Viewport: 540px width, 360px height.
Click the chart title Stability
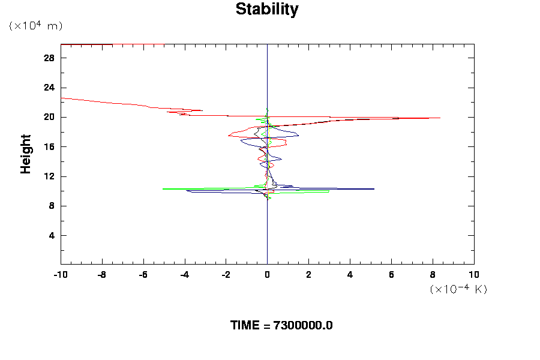(267, 10)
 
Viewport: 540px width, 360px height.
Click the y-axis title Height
(26, 161)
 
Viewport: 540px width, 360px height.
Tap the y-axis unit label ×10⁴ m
(35, 26)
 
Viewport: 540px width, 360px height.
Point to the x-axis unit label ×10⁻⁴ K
(458, 289)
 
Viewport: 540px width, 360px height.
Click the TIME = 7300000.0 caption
(281, 325)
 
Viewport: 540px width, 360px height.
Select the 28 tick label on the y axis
(49, 58)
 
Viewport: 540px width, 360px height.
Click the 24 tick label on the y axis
(49, 88)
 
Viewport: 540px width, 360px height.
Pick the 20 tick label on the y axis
(49, 117)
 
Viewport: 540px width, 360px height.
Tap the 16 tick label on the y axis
(49, 147)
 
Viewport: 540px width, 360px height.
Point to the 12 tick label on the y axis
(49, 176)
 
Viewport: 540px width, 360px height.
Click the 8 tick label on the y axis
(52, 206)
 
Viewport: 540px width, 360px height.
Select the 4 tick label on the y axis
(52, 235)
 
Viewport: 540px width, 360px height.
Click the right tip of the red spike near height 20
(440, 118)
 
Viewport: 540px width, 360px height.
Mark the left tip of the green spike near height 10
(163, 188)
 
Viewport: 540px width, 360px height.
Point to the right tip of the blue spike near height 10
(374, 189)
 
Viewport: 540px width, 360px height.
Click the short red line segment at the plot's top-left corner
(86, 44)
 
